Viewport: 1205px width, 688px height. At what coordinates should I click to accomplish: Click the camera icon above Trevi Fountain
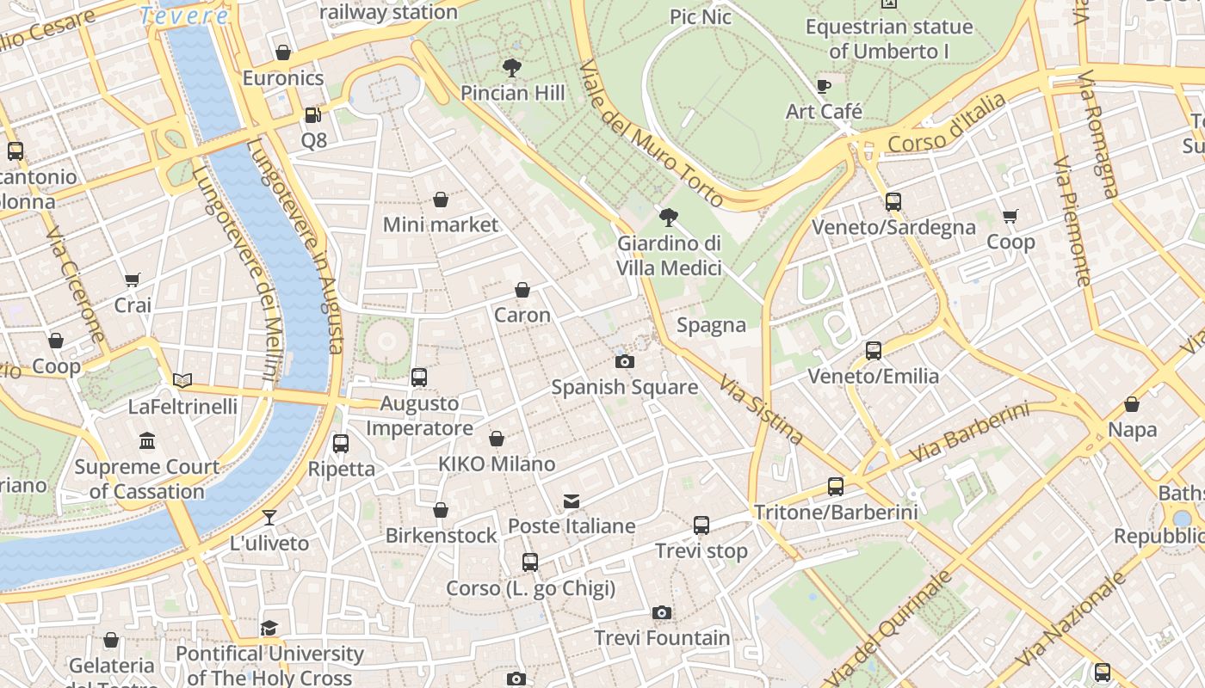coord(661,612)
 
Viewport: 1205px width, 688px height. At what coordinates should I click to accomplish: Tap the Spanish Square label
coord(624,387)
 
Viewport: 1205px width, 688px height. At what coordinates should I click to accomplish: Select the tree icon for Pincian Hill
coord(512,67)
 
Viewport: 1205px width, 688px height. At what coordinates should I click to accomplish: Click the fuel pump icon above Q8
coord(313,114)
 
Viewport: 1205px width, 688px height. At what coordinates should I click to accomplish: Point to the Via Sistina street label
coord(761,409)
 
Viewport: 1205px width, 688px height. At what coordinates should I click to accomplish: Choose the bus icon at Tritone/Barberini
coord(835,487)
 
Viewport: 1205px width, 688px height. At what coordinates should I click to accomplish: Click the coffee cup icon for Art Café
coord(824,86)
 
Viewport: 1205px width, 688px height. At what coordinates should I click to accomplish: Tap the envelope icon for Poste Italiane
coord(572,501)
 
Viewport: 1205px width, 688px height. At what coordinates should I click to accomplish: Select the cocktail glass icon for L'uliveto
coord(269,517)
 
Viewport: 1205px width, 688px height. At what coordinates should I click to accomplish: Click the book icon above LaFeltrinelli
coord(182,380)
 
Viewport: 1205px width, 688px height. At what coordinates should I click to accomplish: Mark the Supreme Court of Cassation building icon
coord(147,441)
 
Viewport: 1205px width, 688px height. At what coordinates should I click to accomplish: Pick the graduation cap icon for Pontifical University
coord(269,628)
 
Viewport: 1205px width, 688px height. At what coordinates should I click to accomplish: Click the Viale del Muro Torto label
coord(651,134)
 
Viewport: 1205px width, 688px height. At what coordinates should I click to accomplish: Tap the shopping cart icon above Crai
coord(133,279)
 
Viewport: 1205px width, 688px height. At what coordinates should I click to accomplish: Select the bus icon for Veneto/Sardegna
coord(893,202)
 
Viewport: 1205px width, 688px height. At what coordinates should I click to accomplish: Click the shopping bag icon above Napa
coord(1132,404)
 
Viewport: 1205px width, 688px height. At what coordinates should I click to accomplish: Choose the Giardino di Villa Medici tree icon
coord(668,217)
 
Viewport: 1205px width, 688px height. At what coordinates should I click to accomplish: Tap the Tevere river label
coord(184,15)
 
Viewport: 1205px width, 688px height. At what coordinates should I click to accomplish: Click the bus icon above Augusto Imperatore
coord(419,377)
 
